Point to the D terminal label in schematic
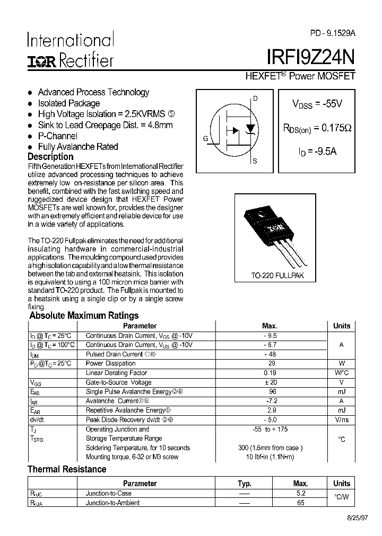pos(255,99)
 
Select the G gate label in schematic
pos(205,139)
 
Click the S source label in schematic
pos(255,161)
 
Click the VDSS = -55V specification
pos(317,104)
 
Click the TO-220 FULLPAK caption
pos(277,276)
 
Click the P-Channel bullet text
pos(58,136)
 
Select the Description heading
pos(50,157)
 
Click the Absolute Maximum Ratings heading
pos(84,316)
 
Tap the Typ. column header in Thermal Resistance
pos(244,484)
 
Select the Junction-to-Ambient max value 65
pos(301,503)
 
